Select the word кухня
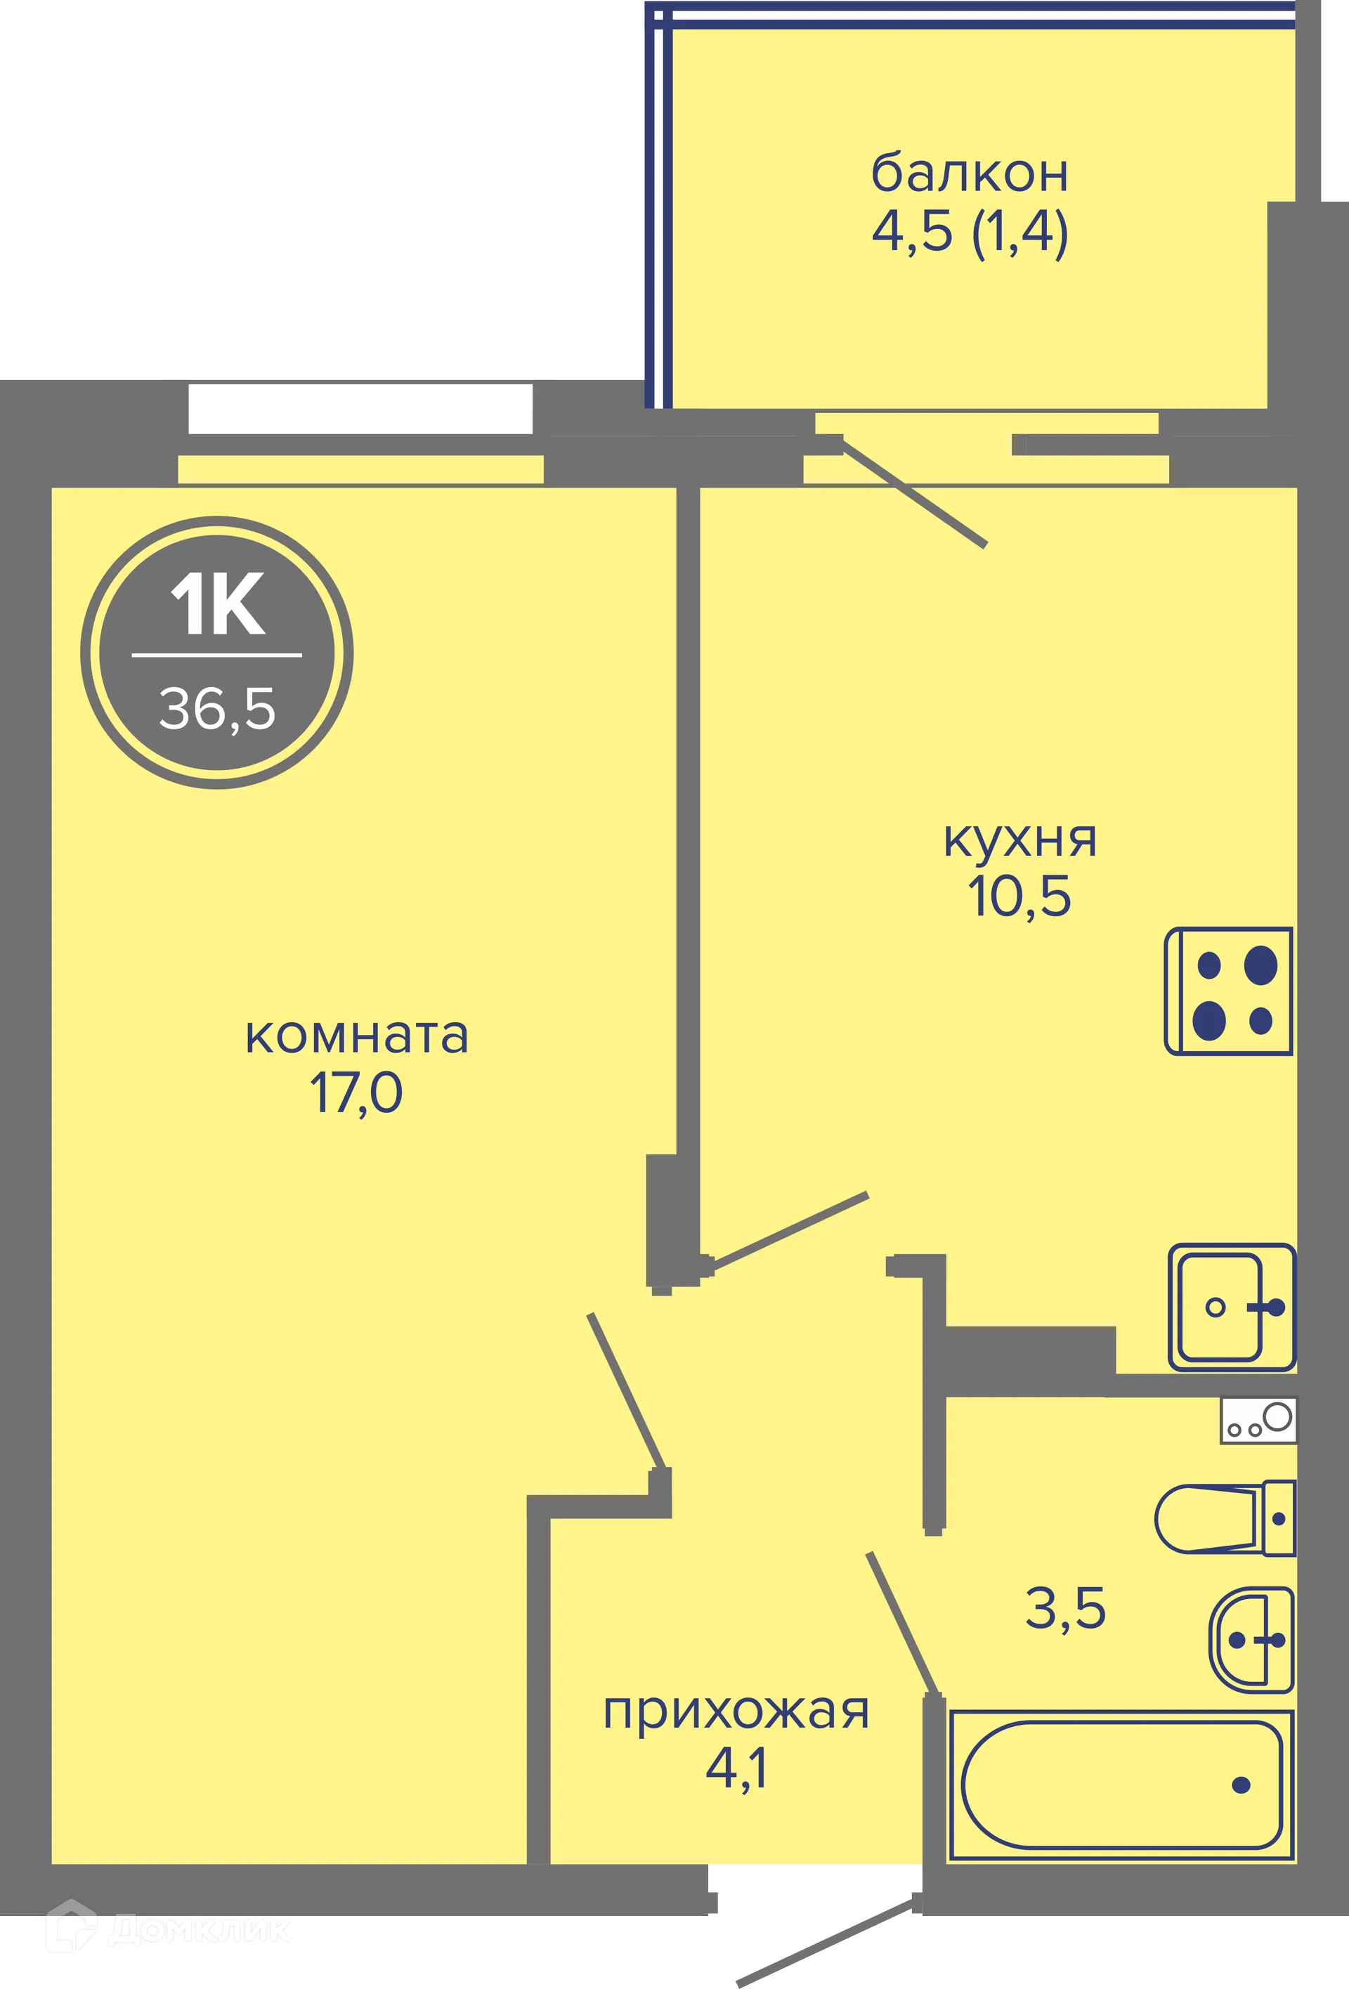(x=1019, y=840)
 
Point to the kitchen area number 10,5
(x=1019, y=896)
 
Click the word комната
(x=357, y=1036)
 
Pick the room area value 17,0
(x=356, y=1093)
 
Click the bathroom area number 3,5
(x=1066, y=1608)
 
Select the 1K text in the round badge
(x=217, y=605)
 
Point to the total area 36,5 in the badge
(x=217, y=709)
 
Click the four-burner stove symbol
(x=1229, y=991)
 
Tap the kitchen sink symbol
(x=1232, y=1307)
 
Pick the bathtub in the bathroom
(x=1121, y=1785)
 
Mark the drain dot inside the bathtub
(x=1240, y=1785)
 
